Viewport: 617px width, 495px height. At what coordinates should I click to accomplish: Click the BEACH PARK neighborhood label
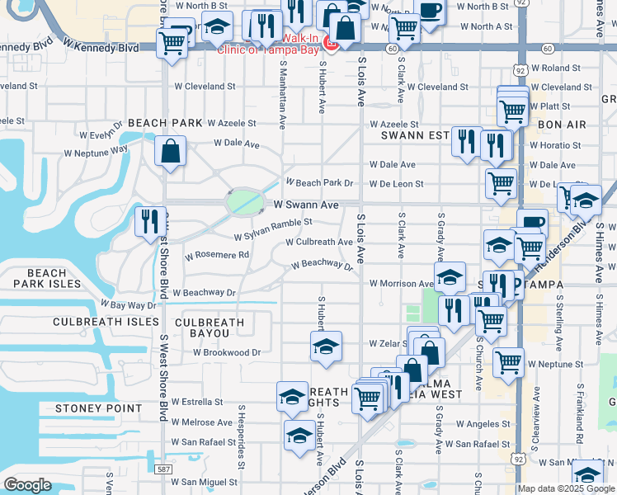pos(164,123)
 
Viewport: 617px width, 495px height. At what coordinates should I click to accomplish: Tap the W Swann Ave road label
pos(306,205)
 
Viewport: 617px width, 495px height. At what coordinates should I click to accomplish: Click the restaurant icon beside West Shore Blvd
pos(149,221)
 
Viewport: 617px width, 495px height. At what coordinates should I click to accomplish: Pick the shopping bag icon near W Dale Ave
pos(170,151)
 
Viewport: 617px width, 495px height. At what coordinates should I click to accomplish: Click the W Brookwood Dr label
pos(227,352)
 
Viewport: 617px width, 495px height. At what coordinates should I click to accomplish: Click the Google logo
pos(27,485)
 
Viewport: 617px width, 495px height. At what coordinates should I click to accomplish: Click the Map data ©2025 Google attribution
pos(565,488)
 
